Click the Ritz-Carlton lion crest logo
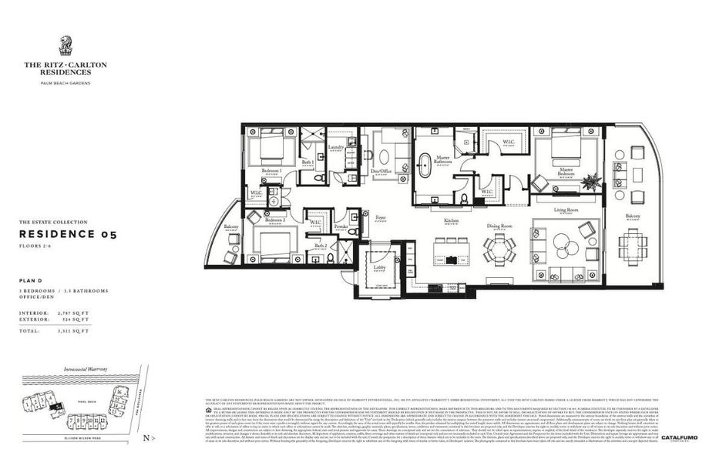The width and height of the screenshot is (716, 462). click(65, 46)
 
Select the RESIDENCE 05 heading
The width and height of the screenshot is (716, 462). click(68, 234)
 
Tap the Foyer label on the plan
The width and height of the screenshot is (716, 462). click(380, 218)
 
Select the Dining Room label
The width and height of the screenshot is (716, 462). click(499, 226)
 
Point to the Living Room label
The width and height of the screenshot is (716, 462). click(566, 209)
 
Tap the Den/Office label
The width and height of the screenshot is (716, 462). click(382, 172)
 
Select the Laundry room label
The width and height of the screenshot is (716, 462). click(335, 146)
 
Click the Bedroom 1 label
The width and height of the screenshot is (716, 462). click(271, 170)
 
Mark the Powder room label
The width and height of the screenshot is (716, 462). click(341, 228)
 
